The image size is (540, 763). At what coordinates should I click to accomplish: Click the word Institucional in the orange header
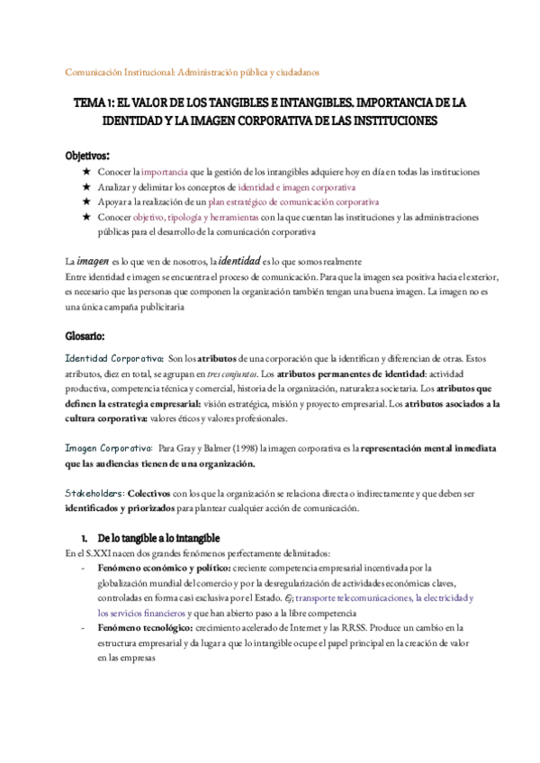coord(146,71)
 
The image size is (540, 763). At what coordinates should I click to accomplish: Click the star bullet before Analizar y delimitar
coord(85,187)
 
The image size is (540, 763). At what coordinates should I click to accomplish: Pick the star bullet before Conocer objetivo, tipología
coord(85,220)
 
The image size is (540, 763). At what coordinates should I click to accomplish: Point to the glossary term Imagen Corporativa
coord(108,447)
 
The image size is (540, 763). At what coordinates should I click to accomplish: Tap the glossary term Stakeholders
coord(95,494)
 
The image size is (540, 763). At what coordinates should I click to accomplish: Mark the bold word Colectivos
coord(150,494)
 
